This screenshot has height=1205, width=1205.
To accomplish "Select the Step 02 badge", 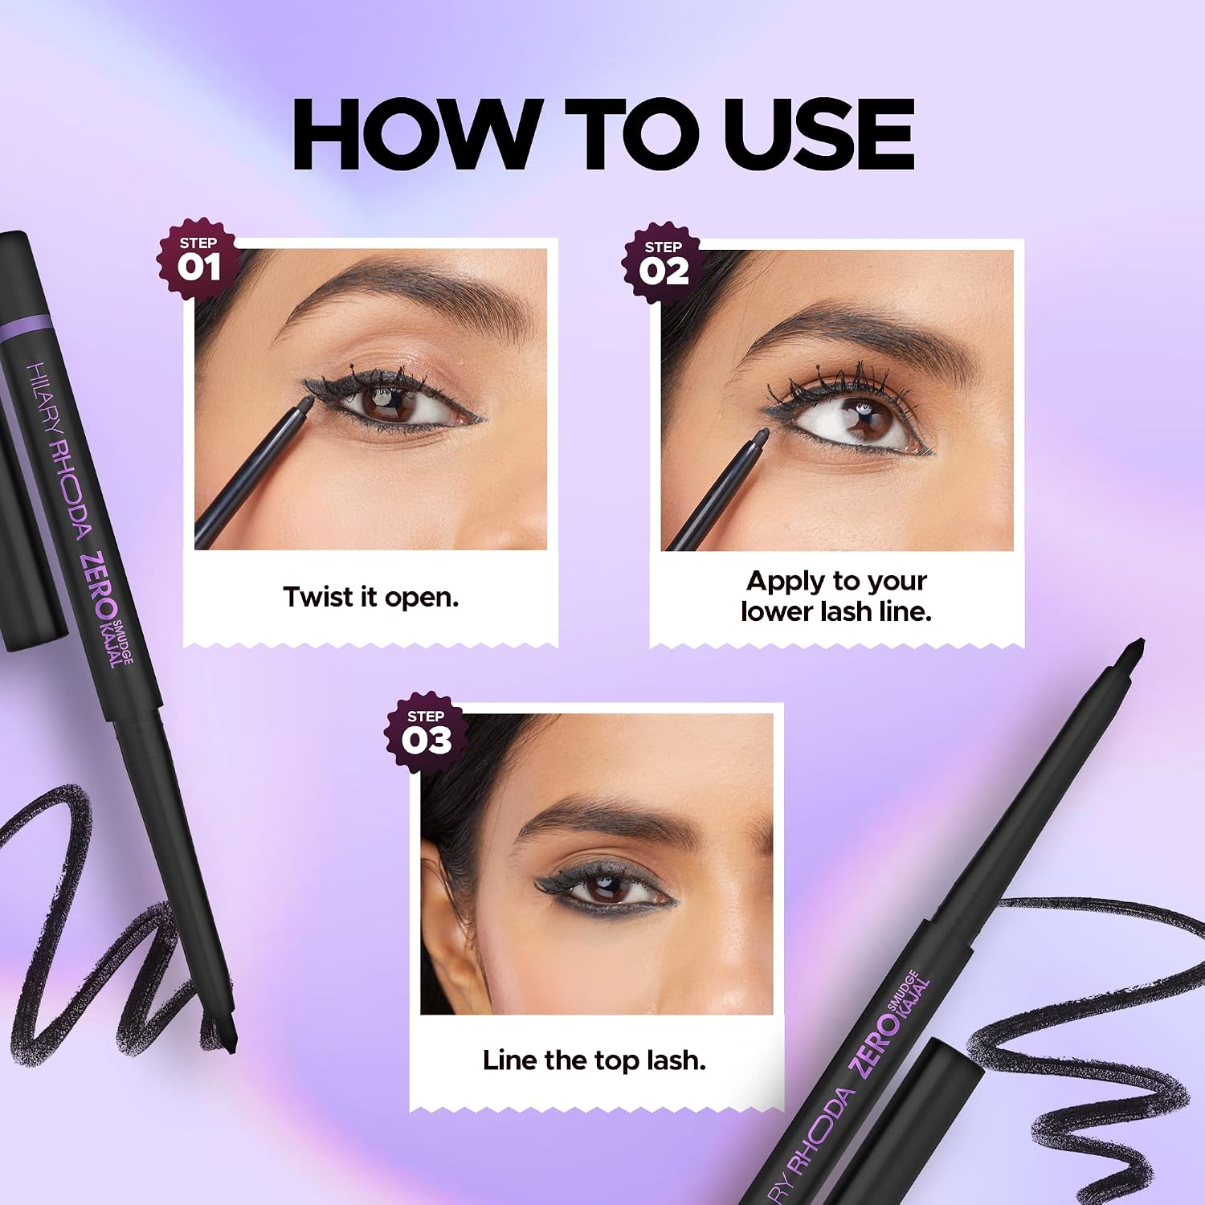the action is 663,263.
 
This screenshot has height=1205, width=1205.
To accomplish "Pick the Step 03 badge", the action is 426,732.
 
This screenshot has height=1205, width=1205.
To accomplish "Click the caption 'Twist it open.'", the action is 371,597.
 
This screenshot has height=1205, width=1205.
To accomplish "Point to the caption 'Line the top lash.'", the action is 594,1060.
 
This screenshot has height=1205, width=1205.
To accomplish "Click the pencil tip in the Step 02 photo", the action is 763,435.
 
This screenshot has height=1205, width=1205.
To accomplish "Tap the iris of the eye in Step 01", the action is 394,402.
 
